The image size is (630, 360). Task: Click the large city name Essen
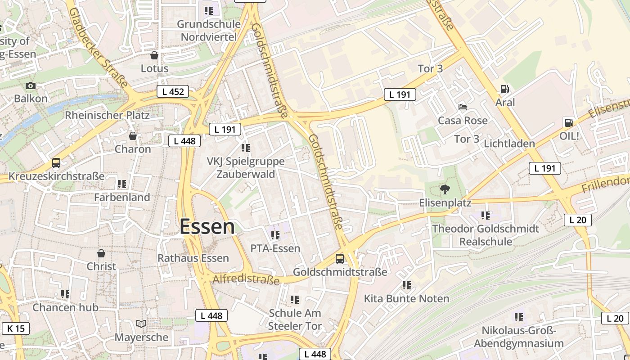(207, 227)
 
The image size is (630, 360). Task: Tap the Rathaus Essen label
(193, 258)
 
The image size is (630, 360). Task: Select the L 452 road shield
(172, 92)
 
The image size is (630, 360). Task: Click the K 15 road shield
(16, 328)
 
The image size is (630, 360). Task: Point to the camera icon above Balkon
(31, 86)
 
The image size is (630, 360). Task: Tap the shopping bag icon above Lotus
(154, 56)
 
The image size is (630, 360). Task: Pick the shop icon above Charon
(133, 136)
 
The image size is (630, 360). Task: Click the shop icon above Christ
(101, 254)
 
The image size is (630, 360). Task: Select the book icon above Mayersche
(141, 324)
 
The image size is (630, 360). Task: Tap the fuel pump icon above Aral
(505, 90)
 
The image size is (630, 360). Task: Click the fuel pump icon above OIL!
(569, 122)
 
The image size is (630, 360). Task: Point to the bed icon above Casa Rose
(463, 107)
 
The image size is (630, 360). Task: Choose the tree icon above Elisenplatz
(445, 189)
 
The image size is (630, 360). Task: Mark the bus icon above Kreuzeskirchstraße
(56, 163)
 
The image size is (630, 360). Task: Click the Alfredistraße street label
(246, 279)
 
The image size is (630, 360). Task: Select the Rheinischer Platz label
(107, 115)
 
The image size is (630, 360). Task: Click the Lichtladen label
(509, 144)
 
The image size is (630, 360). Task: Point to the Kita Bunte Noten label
(406, 299)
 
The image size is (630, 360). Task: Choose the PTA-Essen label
(275, 248)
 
